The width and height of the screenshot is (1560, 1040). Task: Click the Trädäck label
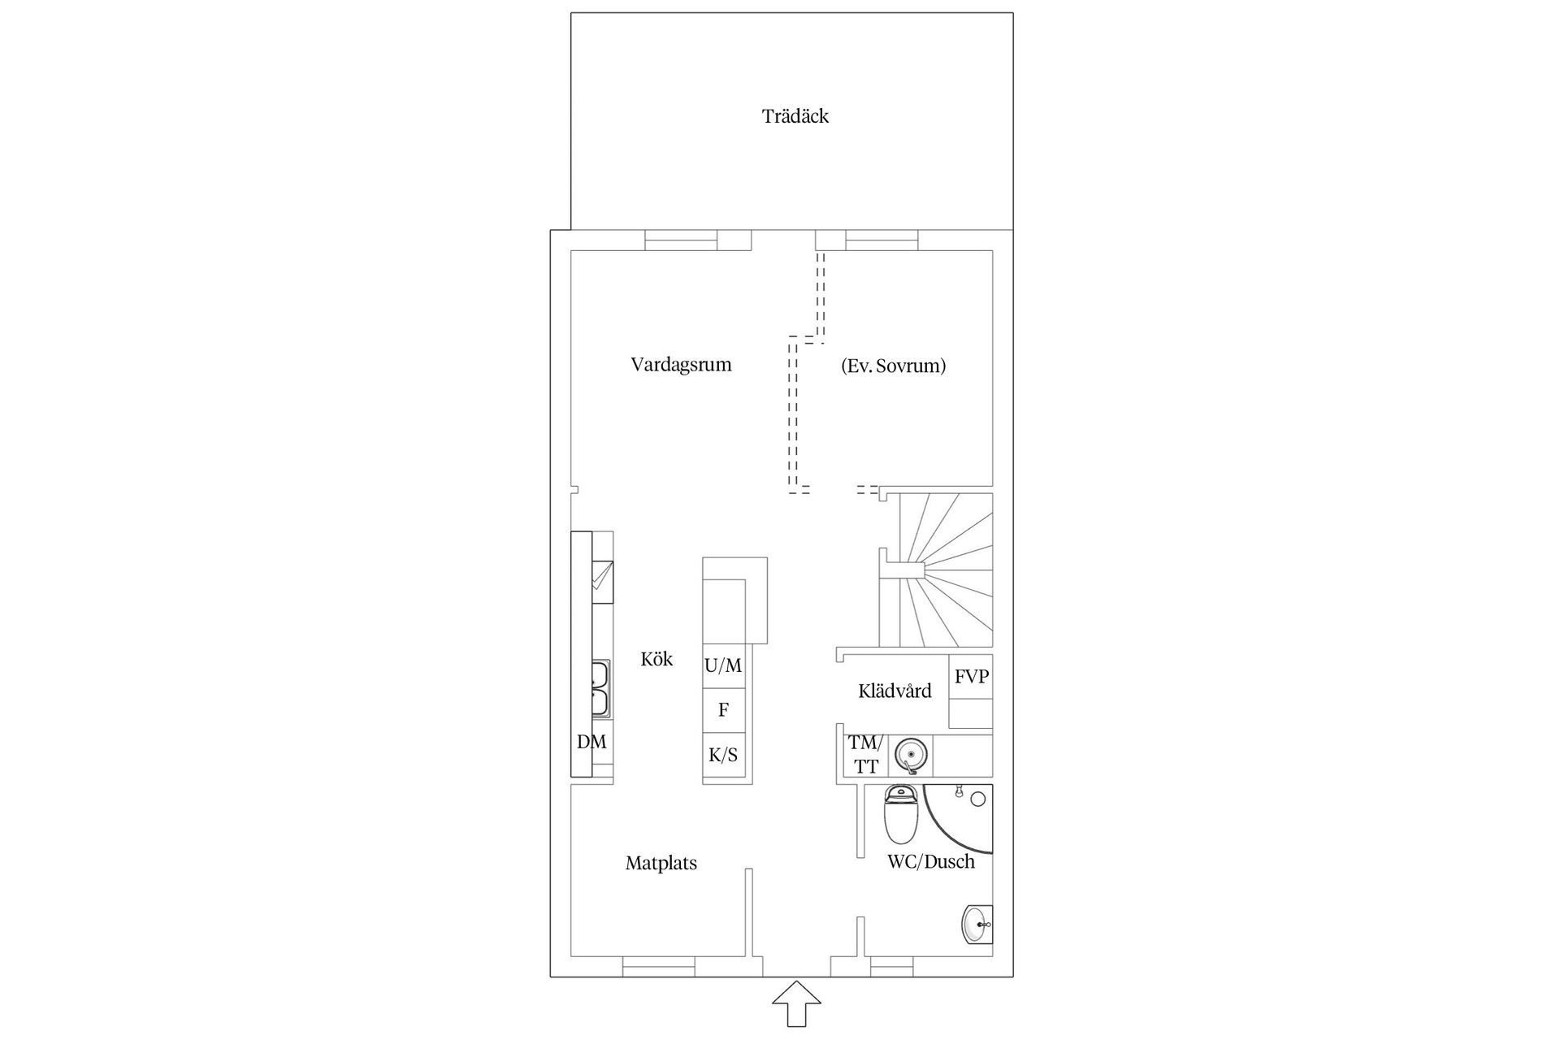click(795, 116)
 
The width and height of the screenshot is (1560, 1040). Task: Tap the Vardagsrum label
click(681, 364)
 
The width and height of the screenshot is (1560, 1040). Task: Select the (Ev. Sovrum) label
click(893, 366)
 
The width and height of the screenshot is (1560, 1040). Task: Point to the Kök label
click(656, 659)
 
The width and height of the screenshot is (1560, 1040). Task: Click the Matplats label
click(661, 863)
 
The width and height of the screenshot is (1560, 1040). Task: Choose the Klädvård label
click(895, 691)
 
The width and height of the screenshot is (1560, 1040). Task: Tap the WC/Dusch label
click(931, 862)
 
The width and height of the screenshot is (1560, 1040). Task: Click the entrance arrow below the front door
click(796, 1004)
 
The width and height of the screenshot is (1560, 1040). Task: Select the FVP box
click(971, 676)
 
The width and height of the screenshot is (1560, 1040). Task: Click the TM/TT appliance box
click(864, 755)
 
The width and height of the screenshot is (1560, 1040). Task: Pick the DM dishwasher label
click(591, 742)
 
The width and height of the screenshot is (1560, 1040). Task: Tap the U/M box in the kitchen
click(723, 666)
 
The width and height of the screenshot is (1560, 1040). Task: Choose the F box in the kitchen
click(723, 710)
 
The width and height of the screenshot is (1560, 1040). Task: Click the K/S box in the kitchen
click(723, 755)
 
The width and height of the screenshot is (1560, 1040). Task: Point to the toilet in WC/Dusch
click(900, 814)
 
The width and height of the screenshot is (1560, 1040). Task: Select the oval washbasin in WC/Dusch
click(977, 925)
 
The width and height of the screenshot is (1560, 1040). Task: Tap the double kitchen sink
click(600, 689)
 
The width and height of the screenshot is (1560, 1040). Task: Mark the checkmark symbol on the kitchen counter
click(602, 577)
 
